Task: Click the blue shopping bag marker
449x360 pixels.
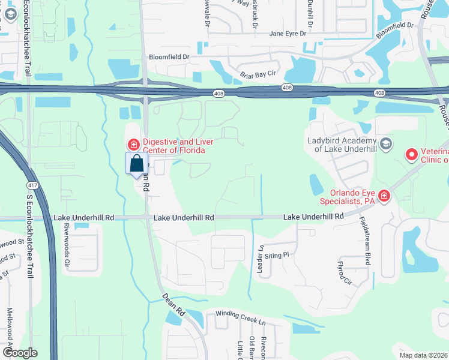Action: pos(136,163)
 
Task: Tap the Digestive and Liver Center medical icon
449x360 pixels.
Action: pos(133,145)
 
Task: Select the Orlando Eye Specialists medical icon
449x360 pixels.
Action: pos(383,196)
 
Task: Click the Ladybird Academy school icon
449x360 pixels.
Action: pos(386,143)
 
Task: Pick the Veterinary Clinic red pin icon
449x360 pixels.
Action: pos(412,155)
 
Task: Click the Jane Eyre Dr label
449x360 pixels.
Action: pos(288,34)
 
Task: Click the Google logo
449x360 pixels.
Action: pos(19,353)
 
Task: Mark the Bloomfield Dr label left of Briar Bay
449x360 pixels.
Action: pos(169,58)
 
